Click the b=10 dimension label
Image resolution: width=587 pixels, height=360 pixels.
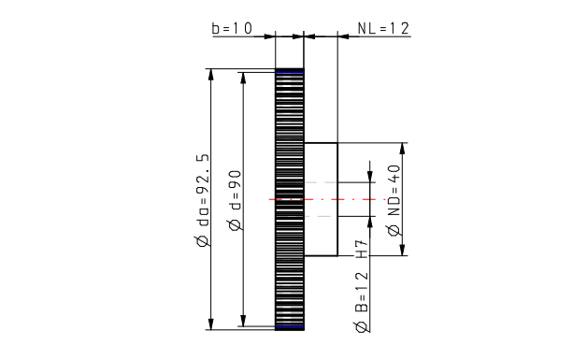click(x=232, y=28)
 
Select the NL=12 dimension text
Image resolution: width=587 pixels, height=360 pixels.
click(x=383, y=28)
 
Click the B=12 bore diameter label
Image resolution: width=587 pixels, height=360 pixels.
click(x=361, y=292)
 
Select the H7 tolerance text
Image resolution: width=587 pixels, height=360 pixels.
click(x=361, y=249)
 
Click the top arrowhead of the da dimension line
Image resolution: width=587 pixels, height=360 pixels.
click(x=211, y=74)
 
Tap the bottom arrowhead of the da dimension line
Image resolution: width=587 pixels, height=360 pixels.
click(x=211, y=324)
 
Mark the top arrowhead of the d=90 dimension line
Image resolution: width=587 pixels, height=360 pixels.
click(x=243, y=78)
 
